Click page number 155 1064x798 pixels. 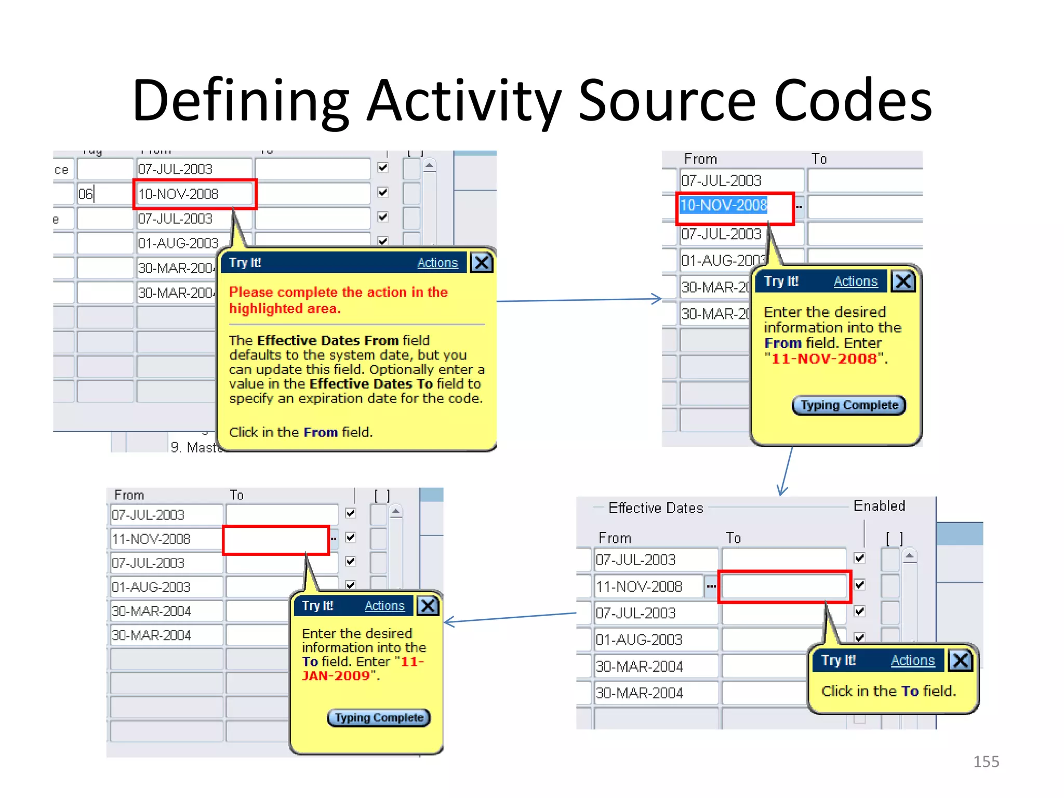click(x=986, y=761)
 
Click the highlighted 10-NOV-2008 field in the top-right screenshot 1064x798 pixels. click(x=724, y=206)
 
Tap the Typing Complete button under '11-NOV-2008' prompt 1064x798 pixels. click(x=848, y=405)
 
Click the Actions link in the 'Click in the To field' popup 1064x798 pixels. click(x=912, y=660)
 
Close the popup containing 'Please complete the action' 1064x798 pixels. click(x=482, y=262)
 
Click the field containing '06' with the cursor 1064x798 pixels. click(x=104, y=194)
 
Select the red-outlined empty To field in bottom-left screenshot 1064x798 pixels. click(x=275, y=540)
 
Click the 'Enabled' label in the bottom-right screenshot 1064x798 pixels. click(x=879, y=506)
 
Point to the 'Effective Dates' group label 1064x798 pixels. click(x=656, y=508)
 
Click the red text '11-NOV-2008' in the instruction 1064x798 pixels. click(x=824, y=358)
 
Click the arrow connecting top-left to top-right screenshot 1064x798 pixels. click(x=577, y=300)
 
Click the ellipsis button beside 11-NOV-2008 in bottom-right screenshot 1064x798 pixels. click(x=711, y=587)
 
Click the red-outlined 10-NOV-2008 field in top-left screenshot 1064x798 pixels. click(x=194, y=194)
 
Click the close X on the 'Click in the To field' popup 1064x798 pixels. click(x=960, y=660)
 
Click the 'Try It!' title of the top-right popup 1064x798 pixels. click(x=781, y=281)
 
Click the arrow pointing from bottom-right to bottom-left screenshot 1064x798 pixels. click(x=509, y=618)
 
